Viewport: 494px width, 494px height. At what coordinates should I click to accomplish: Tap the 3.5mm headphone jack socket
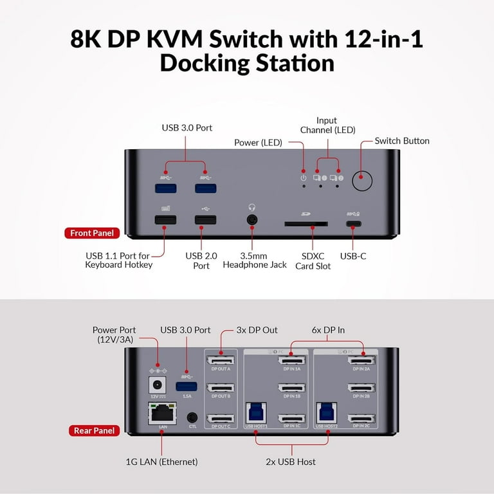click(x=252, y=220)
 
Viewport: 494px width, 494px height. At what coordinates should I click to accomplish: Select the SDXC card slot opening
click(x=306, y=224)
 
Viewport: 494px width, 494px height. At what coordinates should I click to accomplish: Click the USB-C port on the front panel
click(x=353, y=224)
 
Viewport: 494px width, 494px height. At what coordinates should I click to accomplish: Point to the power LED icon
click(x=304, y=178)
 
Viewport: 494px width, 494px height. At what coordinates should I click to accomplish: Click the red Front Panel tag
click(x=92, y=233)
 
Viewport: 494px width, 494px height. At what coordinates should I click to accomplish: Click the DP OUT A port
click(x=220, y=361)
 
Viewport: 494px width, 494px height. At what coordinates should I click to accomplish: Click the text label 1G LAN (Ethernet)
click(x=161, y=462)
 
